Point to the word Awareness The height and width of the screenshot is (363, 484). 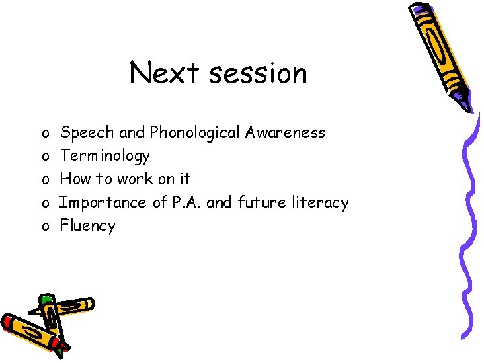point(285,132)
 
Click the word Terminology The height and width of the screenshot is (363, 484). point(105,156)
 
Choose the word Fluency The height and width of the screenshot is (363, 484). point(87,226)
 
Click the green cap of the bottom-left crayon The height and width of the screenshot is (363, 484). point(46,299)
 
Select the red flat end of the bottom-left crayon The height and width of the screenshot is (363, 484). point(9,323)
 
